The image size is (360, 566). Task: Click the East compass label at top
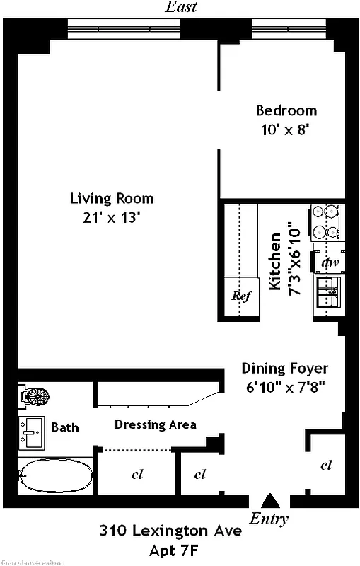180,8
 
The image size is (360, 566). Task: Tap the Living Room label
111,198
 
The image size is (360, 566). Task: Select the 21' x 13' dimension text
111,217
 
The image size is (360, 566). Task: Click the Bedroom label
286,110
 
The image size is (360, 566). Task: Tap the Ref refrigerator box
241,296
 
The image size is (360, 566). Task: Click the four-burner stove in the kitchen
325,221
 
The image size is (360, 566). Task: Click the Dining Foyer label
285,368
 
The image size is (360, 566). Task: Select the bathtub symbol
55,476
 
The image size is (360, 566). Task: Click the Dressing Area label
155,424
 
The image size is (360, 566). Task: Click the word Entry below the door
269,519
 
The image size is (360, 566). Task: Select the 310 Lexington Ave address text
170,531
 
